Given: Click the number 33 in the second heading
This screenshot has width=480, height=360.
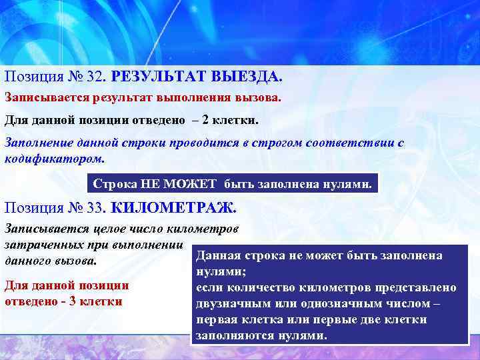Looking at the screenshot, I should point(96,207).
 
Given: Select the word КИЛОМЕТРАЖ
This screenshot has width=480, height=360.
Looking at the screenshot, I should point(173,207).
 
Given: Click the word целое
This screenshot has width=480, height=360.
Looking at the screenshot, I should point(116,229).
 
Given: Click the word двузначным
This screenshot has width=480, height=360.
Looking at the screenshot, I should point(230,304).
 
